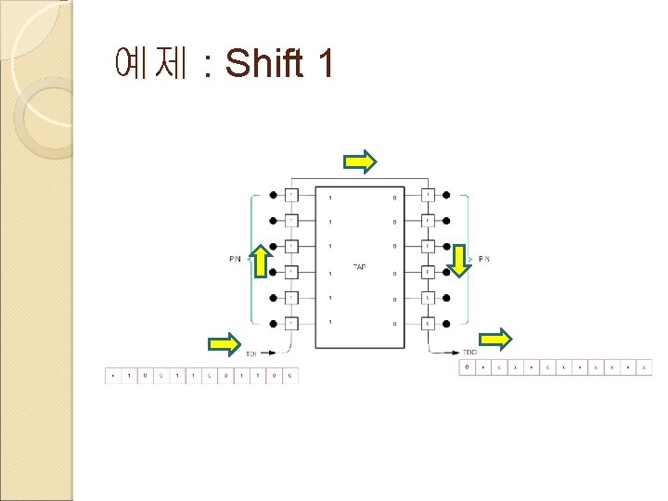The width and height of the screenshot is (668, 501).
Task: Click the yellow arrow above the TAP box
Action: point(360,162)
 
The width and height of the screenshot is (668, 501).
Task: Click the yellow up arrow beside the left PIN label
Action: point(262,262)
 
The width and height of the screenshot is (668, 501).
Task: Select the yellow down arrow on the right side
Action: point(456,261)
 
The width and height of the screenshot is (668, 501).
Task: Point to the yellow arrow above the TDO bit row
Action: point(496,340)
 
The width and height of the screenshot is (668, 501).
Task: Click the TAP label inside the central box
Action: point(360,267)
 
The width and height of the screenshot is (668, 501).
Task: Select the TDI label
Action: point(250,353)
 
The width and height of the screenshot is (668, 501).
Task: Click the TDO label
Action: point(469,353)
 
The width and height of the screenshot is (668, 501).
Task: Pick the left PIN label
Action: point(236,259)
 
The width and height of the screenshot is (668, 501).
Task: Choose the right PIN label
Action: point(483,258)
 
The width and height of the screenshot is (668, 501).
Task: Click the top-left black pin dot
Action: point(273,196)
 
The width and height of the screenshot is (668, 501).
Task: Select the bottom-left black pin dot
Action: point(273,323)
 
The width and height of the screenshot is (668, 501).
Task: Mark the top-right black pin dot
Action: point(447,196)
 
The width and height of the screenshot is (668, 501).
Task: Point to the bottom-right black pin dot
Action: point(447,323)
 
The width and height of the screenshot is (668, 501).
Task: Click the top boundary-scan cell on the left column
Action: point(290,196)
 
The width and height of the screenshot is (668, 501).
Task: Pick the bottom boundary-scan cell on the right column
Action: point(428,323)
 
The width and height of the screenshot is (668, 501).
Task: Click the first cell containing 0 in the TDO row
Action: point(468,368)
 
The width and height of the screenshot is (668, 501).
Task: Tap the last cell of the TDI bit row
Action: point(290,376)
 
